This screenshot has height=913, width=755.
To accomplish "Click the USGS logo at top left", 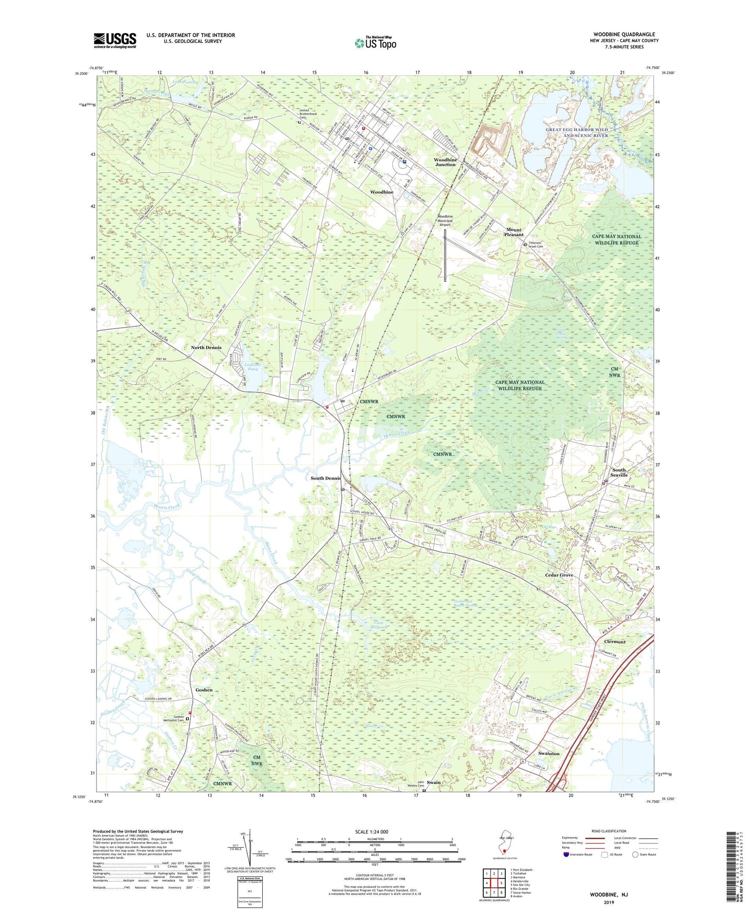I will coord(114,40).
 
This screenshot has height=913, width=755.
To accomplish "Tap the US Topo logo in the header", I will coord(375,43).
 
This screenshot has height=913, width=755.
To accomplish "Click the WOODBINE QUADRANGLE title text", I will coord(624,35).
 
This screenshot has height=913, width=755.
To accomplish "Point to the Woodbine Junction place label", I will coord(445,162).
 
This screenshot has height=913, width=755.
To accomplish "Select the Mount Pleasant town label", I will coord(514,232).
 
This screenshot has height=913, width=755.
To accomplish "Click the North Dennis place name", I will coord(206,347).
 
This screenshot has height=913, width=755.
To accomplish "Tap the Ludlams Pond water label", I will coord(252,367).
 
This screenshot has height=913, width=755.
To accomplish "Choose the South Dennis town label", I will coord(326,478).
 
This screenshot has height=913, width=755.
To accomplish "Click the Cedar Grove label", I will coord(559,575).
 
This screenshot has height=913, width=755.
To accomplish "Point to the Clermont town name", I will coord(614,642).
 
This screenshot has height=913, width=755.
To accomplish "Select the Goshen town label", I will coord(204,690).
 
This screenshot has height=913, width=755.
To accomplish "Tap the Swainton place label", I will coord(549,754).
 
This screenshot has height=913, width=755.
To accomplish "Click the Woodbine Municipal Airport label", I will coord(445,221).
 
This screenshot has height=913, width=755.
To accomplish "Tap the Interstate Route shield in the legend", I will coord(567,855).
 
